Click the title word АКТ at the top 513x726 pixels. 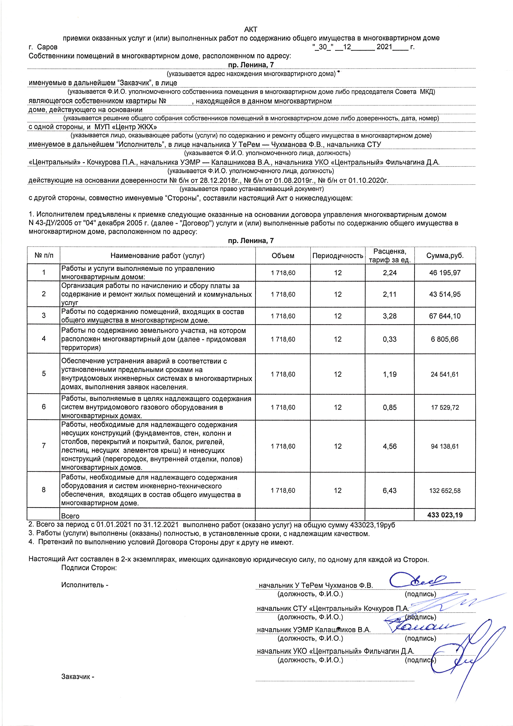point(251,29)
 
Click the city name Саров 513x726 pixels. point(47,47)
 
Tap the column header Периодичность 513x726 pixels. point(338,256)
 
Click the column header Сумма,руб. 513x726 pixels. point(445,256)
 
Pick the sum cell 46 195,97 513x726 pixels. point(445,273)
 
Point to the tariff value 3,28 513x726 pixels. point(390,316)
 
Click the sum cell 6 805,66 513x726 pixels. point(445,339)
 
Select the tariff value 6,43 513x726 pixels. point(390,490)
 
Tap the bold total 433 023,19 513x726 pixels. point(445,515)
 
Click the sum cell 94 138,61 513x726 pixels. point(445,446)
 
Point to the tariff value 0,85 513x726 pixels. point(390,407)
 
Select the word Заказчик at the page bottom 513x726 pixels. point(76,677)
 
